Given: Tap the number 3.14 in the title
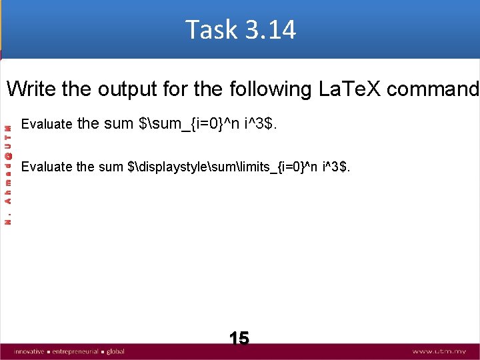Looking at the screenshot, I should point(270,30).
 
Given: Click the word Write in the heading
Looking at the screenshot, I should point(32,89).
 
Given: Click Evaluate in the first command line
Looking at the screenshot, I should point(47,124).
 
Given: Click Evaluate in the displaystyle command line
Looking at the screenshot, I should point(47,167).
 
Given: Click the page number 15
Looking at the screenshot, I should point(239,338).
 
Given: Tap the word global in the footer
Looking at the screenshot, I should point(115,351).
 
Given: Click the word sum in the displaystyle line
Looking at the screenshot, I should point(111,167).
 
